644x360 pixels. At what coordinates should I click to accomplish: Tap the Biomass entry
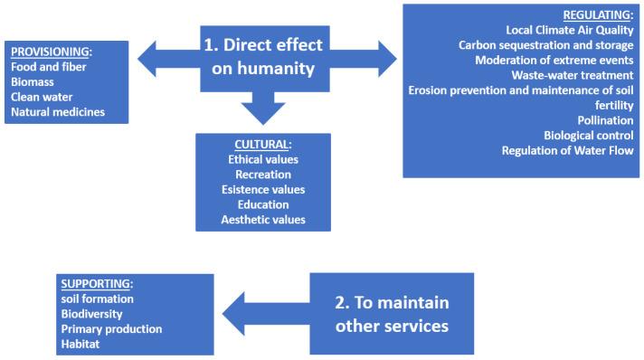point(33,82)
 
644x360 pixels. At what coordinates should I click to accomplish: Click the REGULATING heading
point(598,15)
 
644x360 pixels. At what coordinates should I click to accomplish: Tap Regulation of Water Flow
point(567,150)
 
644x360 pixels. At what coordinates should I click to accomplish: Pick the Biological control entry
point(588,136)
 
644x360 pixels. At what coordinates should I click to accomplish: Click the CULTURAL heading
point(262,145)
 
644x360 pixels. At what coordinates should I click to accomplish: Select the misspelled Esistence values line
point(263,189)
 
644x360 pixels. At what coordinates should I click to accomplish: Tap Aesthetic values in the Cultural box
point(263,219)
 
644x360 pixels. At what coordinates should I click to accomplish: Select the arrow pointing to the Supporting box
point(262,312)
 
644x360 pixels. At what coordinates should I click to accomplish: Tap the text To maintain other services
point(392,313)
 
